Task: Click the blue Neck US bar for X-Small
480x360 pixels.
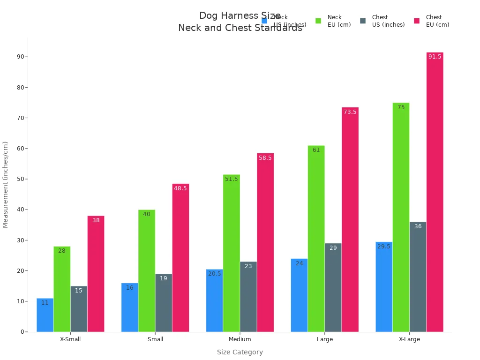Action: point(45,315)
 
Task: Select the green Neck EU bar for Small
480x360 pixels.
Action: point(147,271)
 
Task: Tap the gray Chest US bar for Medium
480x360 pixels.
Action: point(248,297)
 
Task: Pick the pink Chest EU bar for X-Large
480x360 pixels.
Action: point(435,192)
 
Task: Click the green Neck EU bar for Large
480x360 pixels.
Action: point(316,239)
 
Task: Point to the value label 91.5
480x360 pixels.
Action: point(435,57)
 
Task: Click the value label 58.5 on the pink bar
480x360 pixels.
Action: point(265,158)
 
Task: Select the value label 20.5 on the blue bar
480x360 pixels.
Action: point(214,274)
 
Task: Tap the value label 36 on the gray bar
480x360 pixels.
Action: point(418,226)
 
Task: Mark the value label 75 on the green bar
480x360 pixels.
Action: point(401,107)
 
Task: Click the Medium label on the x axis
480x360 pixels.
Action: point(240,339)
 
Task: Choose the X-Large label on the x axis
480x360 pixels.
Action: point(409,339)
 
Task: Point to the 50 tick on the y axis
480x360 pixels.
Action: point(21,179)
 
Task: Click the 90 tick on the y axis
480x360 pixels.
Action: point(21,57)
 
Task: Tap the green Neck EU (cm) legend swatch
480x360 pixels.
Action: point(318,21)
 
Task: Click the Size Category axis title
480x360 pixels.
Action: point(240,352)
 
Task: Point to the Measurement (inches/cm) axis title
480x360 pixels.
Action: point(6,185)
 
